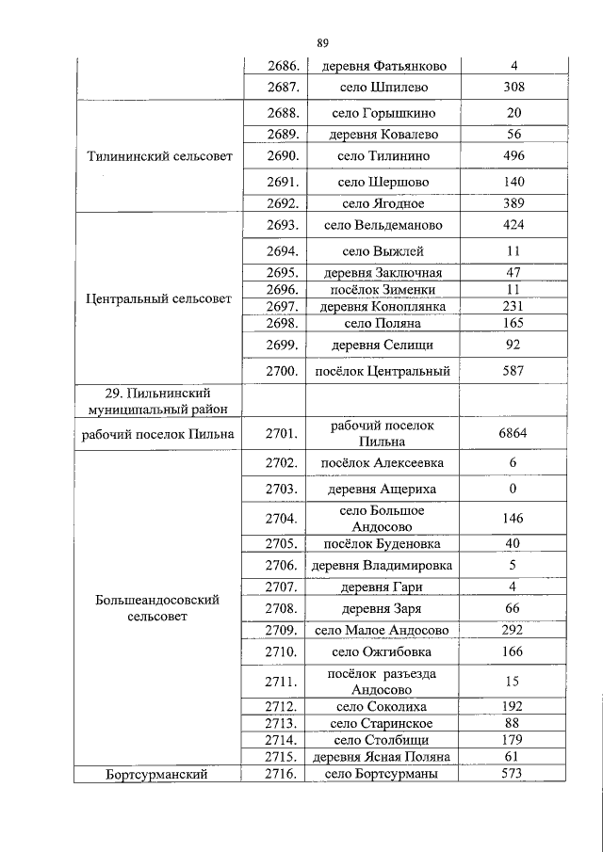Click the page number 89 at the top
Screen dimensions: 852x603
[x=322, y=42]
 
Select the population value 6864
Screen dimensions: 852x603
[x=513, y=433]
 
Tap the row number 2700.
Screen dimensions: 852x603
[x=283, y=371]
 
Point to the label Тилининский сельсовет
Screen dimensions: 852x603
[x=158, y=156]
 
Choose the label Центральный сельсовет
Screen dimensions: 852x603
[x=158, y=299]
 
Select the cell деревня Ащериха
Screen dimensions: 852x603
[x=382, y=490]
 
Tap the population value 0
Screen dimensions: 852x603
[x=513, y=490]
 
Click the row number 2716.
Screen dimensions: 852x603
[x=283, y=774]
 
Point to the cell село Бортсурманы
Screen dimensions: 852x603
[x=382, y=774]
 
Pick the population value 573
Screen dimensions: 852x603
[x=513, y=774]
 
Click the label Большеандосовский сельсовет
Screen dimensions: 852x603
[x=158, y=608]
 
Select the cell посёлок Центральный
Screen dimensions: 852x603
[x=382, y=371]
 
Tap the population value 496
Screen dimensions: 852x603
[x=513, y=156]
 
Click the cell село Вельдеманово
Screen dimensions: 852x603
[x=382, y=226]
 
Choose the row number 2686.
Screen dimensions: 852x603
[x=283, y=66]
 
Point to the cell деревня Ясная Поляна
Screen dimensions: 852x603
[x=382, y=757]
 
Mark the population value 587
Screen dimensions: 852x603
[x=513, y=371]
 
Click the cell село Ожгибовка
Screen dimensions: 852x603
[x=382, y=651]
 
